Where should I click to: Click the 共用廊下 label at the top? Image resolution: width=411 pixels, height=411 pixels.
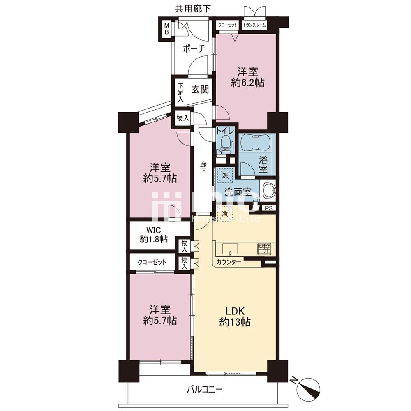pos(193,9)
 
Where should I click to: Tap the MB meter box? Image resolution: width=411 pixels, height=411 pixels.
pos(166,29)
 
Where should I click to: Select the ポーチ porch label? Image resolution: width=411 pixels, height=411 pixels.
pos(194,49)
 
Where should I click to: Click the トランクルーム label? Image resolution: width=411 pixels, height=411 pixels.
pos(254,25)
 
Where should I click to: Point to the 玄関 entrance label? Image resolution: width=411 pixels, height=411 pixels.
pos(200,90)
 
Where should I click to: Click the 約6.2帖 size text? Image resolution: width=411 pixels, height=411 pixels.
pos(247,83)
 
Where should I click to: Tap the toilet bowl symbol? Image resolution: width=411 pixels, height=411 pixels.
pos(225,143)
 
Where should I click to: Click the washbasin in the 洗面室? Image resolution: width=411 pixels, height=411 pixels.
pos(269,190)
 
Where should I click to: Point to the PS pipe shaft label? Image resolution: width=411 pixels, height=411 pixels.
pos(269,208)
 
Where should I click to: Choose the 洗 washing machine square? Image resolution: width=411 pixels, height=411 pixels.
pos(225,175)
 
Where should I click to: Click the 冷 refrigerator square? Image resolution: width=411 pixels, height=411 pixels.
pos(225,214)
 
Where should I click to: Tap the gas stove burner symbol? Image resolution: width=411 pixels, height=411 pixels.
pos(264,249)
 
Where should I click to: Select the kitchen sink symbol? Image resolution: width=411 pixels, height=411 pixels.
pos(230,249)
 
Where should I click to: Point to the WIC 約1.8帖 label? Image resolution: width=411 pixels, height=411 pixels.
pos(154,235)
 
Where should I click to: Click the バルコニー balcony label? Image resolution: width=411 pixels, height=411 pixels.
pos(204,389)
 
